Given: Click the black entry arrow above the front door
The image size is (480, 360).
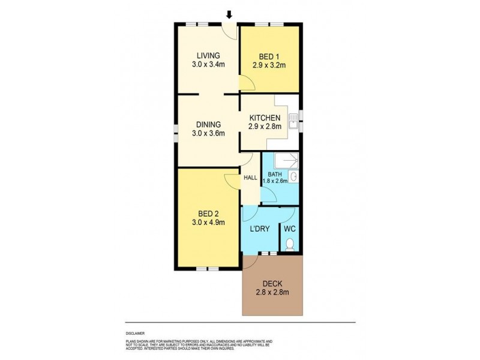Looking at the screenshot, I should (x=229, y=14).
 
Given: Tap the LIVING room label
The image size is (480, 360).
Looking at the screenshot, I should (x=204, y=56).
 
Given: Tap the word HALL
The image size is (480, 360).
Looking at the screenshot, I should (x=250, y=178).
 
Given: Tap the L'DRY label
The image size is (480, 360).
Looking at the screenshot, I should (x=259, y=229).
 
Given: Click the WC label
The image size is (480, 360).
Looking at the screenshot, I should (x=289, y=229).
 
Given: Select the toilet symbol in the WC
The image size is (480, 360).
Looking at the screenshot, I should (x=289, y=244).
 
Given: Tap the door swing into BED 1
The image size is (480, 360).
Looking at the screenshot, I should (x=246, y=84).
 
